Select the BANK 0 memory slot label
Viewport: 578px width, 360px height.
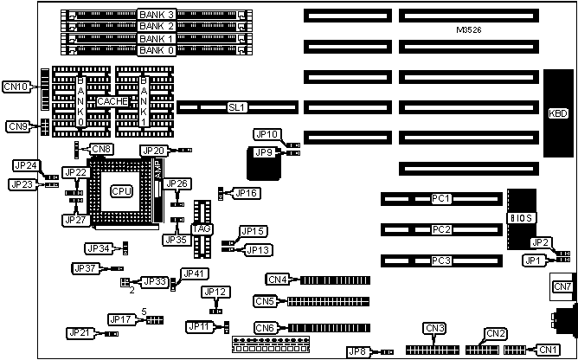point(157,51)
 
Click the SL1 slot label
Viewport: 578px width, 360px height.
point(237,108)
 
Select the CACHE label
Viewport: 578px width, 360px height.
point(112,101)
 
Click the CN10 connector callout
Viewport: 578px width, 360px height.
point(16,86)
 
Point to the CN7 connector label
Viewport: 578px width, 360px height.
point(562,286)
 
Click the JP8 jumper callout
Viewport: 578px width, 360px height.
point(357,351)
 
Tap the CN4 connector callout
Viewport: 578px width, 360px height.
point(277,280)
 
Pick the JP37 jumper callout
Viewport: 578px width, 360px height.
point(84,268)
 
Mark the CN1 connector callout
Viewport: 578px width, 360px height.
point(548,350)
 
